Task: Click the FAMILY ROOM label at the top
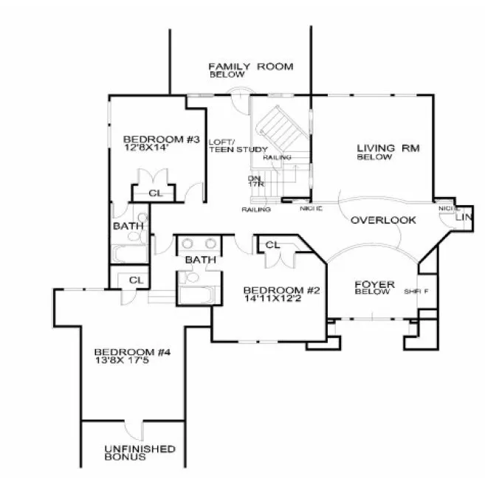[250, 67]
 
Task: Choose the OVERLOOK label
[383, 220]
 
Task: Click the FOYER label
[374, 284]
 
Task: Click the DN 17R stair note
[255, 181]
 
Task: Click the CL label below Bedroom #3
[155, 193]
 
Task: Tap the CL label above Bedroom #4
[135, 280]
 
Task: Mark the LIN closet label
[464, 218]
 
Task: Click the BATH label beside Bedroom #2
[200, 260]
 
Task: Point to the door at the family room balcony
[237, 92]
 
